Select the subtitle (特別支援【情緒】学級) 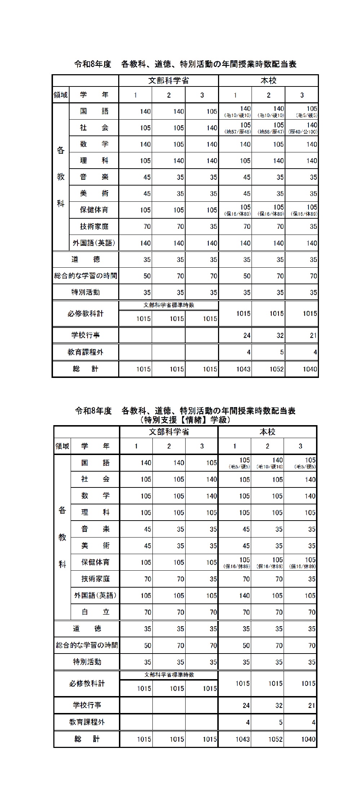coord(185,420)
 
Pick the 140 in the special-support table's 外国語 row coord(244,596)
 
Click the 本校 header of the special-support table coord(267,432)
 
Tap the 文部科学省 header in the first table coord(169,80)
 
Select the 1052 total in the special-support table coord(275,739)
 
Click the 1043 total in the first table coord(243,369)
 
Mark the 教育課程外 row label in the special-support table coord(87,722)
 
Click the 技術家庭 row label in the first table coord(94,226)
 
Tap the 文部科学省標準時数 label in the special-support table coord(169,674)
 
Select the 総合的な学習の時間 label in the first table coord(85,276)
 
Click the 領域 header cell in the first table coord(61,95)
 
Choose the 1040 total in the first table coord(310,369)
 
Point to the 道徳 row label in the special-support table coord(87,629)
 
